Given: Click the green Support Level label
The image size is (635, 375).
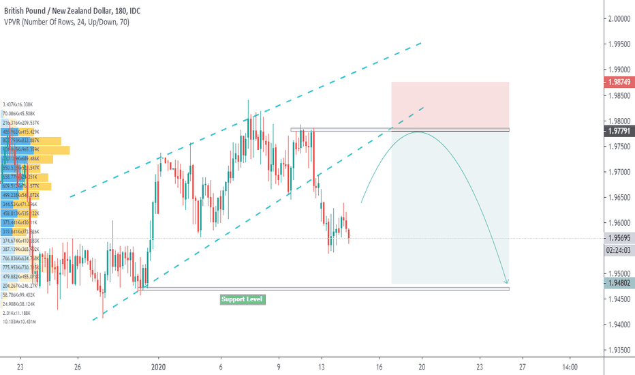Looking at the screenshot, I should tap(242, 299).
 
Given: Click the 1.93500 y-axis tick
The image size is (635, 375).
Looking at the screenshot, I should tap(619, 350).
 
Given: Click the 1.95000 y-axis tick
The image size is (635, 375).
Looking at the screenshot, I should tap(619, 274).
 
